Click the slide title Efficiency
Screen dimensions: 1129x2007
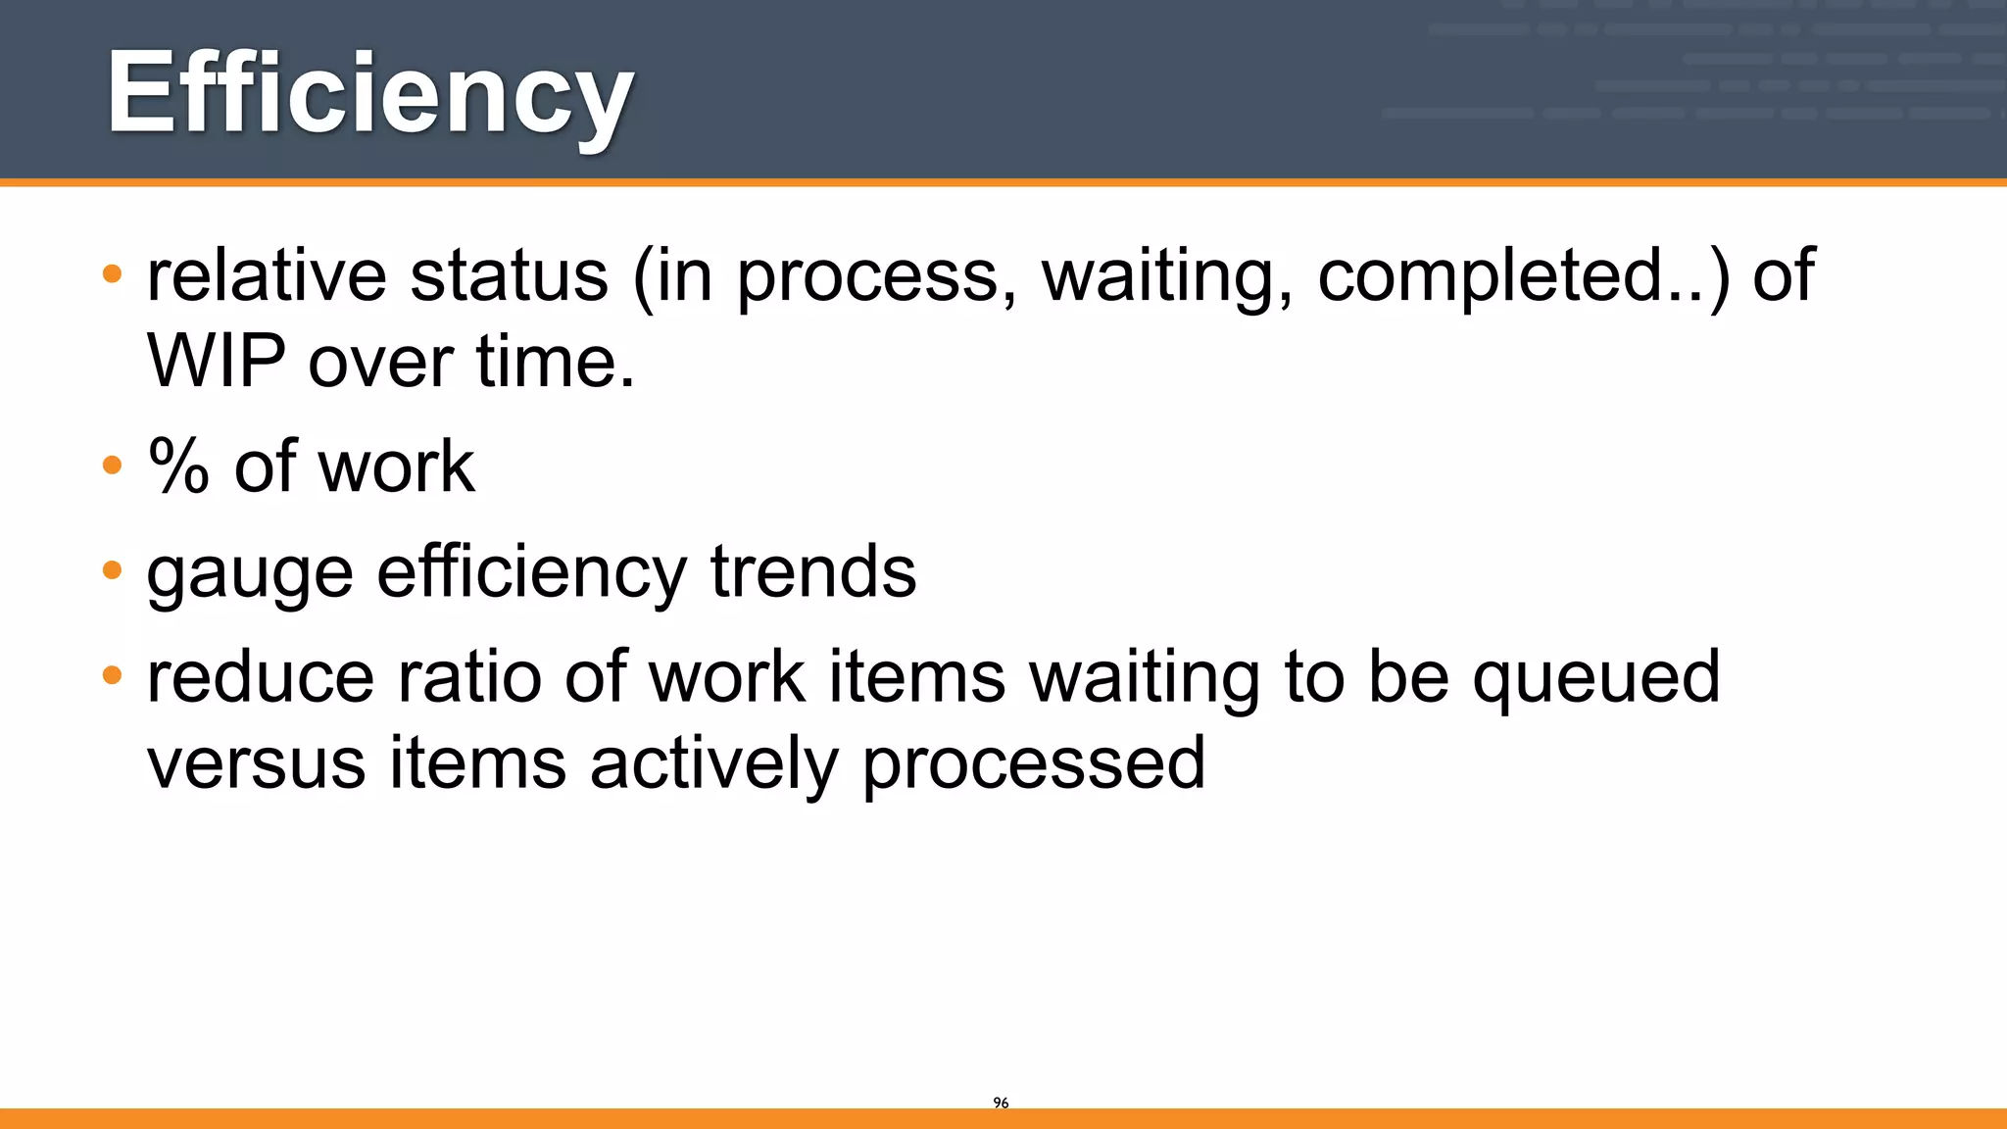point(369,95)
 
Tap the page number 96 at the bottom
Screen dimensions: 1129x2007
point(1001,1103)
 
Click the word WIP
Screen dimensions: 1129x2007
point(217,361)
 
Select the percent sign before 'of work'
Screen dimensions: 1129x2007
point(178,466)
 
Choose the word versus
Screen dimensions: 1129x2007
point(256,763)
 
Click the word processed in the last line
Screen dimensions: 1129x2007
point(1033,765)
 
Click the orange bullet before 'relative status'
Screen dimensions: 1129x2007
point(112,273)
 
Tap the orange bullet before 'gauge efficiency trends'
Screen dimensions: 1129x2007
point(112,569)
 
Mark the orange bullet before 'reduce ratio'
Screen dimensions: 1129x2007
point(112,675)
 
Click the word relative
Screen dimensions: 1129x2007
point(267,275)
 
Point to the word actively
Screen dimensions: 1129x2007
point(713,763)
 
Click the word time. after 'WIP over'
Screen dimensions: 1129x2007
point(556,361)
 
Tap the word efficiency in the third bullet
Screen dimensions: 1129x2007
point(531,573)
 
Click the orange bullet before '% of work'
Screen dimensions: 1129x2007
point(112,465)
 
